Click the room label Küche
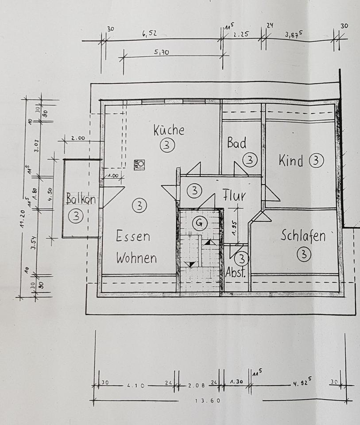tap(169, 130)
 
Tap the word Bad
tap(236, 143)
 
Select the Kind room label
tap(291, 161)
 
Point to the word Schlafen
tap(303, 236)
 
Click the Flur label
tap(234, 196)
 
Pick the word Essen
tap(133, 236)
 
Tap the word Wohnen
tap(136, 258)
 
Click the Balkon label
tap(81, 199)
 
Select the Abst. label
tap(236, 273)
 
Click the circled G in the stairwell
tap(200, 223)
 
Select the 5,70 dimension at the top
tap(162, 52)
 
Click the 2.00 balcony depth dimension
tap(77, 138)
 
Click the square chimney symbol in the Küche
tap(140, 163)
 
